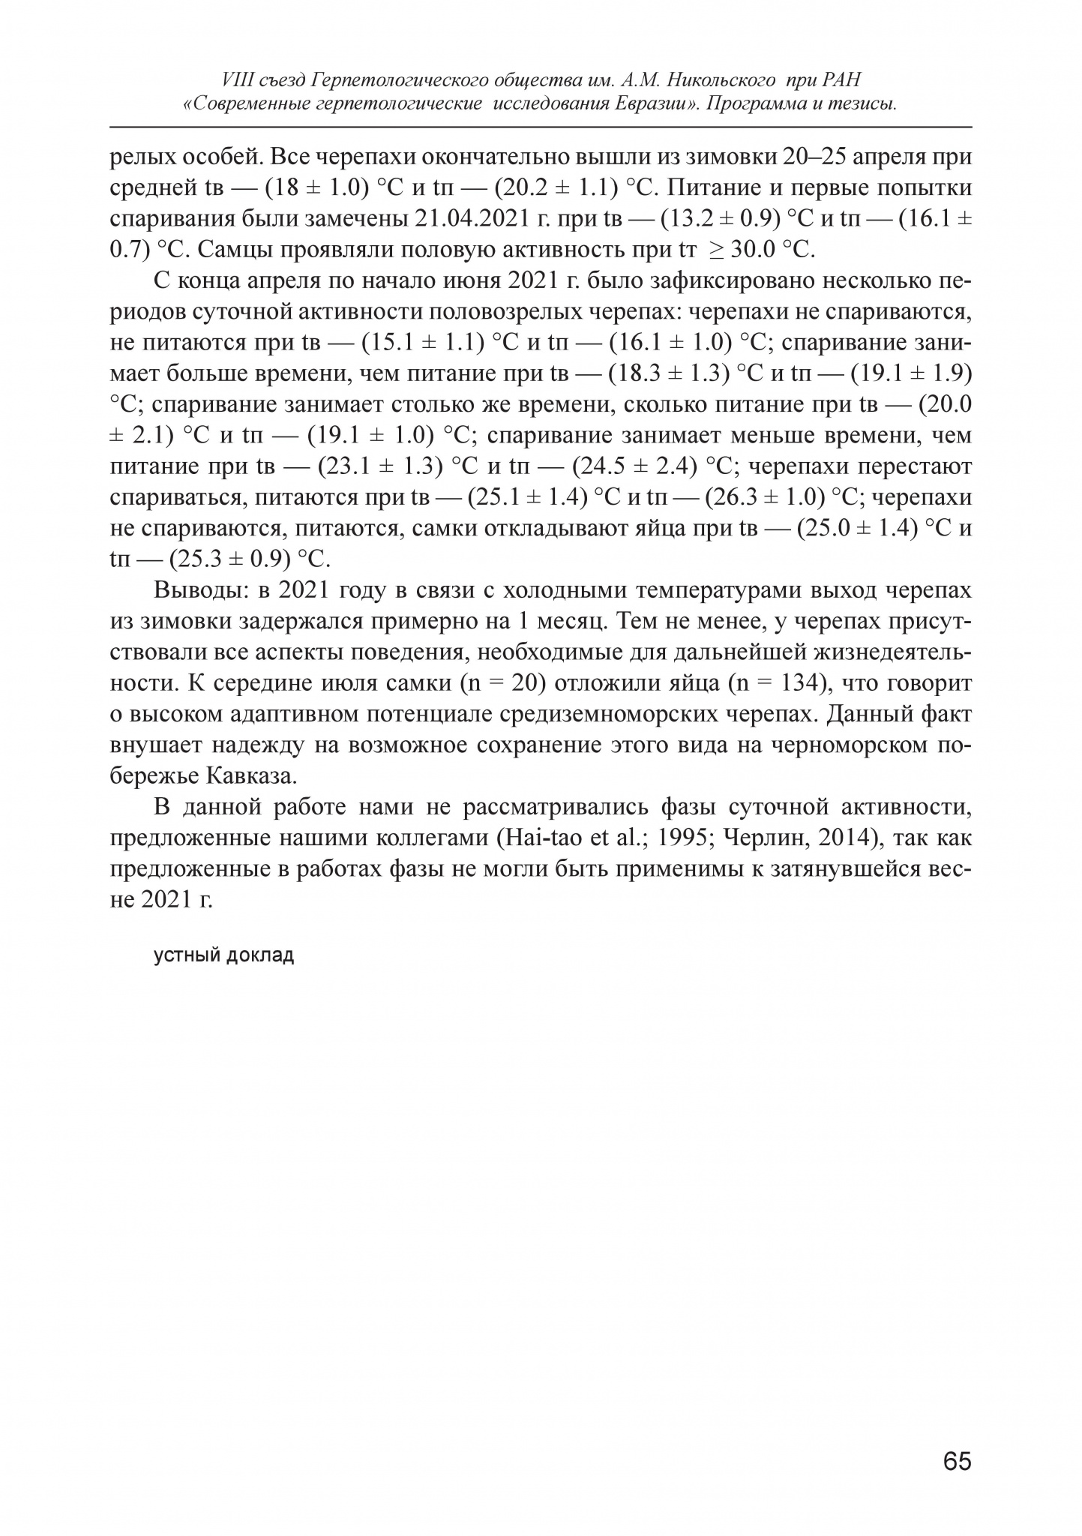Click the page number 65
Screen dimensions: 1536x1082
(x=957, y=1462)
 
